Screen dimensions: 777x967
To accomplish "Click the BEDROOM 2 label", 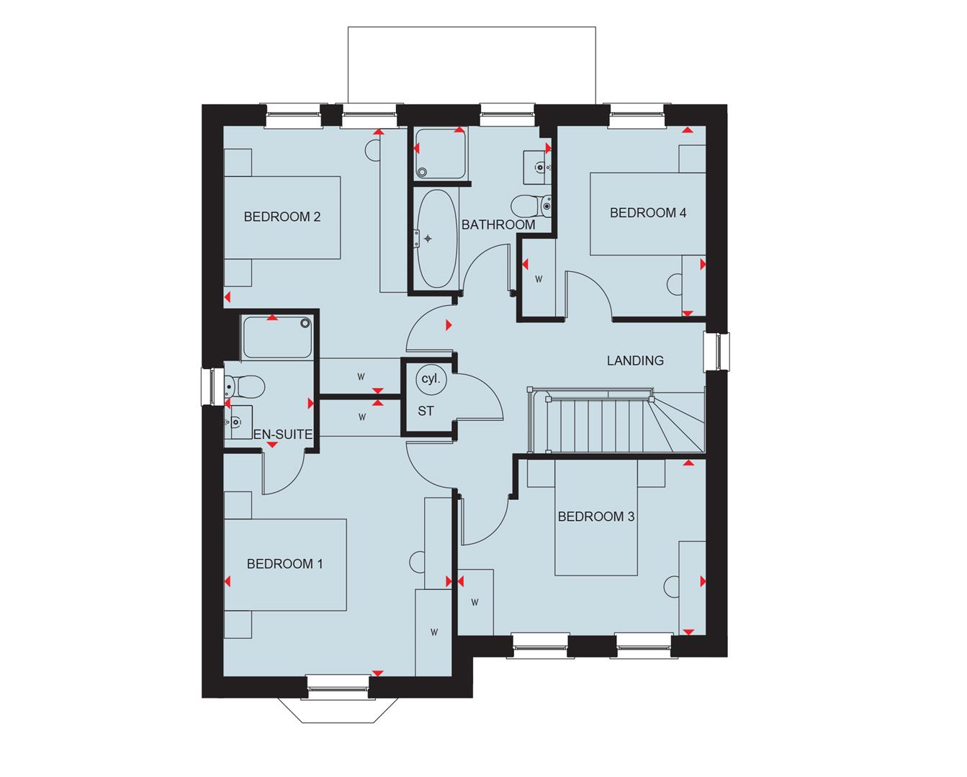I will coord(282,217).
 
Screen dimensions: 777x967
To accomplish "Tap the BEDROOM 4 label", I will coord(647,212).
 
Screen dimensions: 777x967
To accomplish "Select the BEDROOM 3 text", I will coord(595,517).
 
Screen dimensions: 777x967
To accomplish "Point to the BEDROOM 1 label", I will coord(284,564).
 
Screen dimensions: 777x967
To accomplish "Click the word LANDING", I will coord(634,360).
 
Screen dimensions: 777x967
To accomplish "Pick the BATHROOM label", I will coord(498,224).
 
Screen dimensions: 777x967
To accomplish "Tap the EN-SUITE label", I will coord(283,435).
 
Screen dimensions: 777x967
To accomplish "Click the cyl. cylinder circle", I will coord(431,378).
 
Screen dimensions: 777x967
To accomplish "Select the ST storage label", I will coord(426,412).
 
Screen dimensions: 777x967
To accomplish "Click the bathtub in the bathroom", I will coord(435,237).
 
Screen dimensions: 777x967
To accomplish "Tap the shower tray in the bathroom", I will coord(439,153).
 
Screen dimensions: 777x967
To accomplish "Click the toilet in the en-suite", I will coord(244,386).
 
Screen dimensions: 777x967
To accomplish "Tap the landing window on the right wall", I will coord(716,352).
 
